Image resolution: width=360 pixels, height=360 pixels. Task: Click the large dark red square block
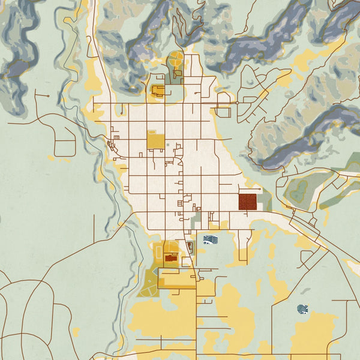[247, 202]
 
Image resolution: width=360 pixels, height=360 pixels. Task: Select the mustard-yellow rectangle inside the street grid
[155, 141]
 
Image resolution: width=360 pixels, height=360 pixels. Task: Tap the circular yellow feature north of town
[176, 59]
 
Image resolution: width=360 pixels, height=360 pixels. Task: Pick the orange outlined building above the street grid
[158, 91]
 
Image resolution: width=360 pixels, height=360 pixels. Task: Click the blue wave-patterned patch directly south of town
[211, 240]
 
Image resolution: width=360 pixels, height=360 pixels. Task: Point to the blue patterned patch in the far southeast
[304, 309]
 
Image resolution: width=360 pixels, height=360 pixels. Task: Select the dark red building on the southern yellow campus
[171, 259]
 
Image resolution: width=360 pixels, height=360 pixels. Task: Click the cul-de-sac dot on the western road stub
[47, 95]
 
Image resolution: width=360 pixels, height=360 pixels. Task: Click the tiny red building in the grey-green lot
[190, 245]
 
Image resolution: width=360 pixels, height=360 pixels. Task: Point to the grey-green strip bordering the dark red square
[265, 202]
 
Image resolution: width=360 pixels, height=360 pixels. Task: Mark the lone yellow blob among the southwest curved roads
[75, 331]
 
